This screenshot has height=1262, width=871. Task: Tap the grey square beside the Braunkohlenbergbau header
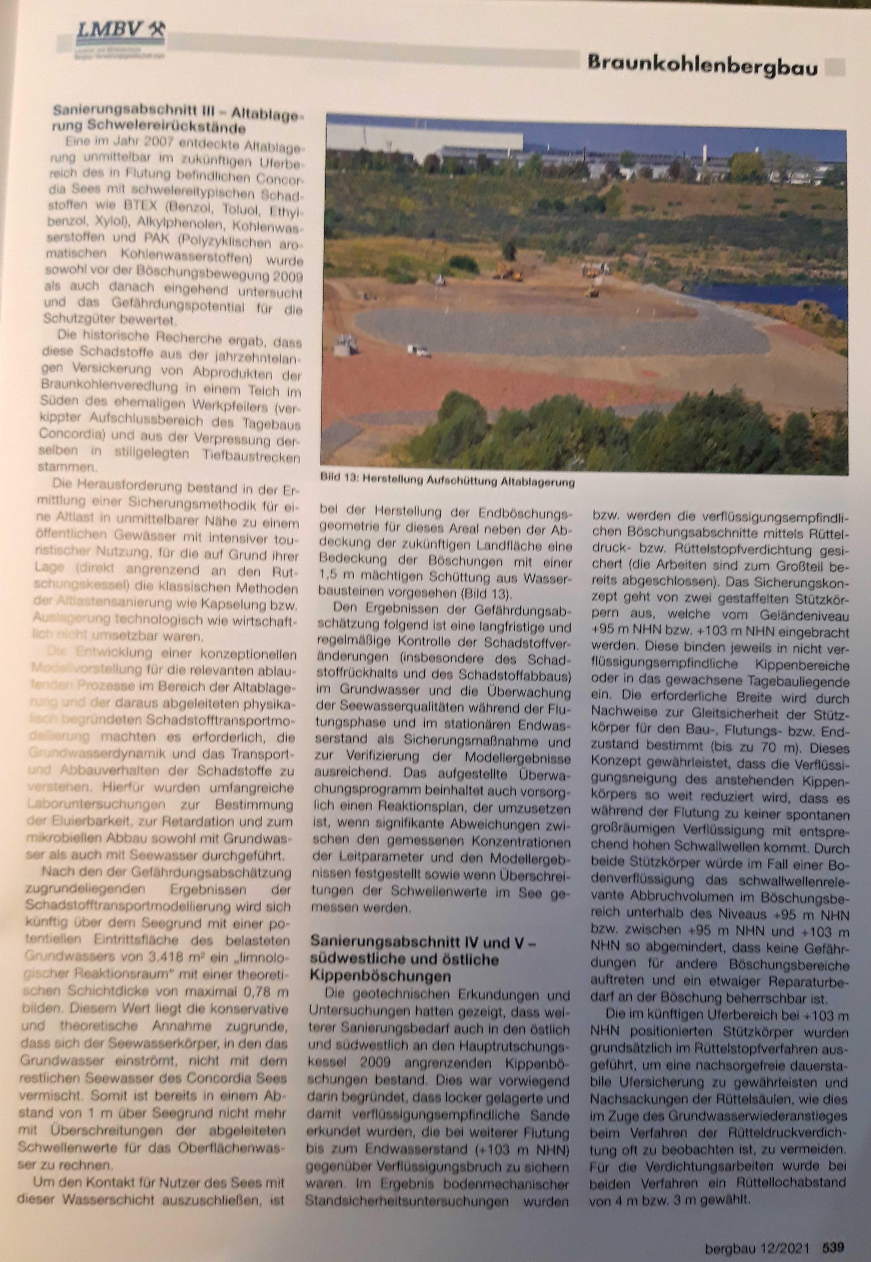click(834, 67)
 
